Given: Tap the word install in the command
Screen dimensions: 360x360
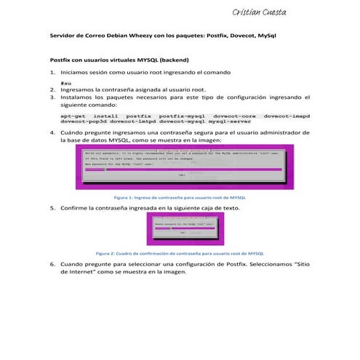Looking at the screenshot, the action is [x=105, y=116].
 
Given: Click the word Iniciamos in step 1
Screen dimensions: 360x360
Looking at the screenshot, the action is [x=77, y=73].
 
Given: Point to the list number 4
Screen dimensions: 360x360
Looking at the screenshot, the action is [x=52, y=133].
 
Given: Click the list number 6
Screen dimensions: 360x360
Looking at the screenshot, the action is [x=52, y=264].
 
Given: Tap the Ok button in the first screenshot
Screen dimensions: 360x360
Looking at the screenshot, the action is [x=180, y=175].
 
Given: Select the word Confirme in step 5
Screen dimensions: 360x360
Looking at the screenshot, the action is [x=77, y=207].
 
